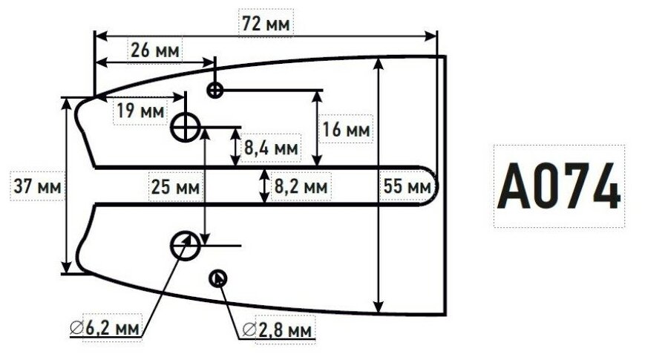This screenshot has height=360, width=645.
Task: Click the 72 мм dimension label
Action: click(266, 24)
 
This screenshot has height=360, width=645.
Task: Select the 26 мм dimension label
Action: click(154, 51)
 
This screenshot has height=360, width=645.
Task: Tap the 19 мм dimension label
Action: click(140, 111)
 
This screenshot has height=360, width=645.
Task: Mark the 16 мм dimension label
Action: click(346, 129)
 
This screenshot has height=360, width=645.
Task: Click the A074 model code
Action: click(559, 186)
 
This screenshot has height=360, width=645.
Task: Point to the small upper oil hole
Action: click(215, 91)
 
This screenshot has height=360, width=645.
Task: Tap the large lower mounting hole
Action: click(184, 244)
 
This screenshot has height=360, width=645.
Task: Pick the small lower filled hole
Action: click(219, 278)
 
